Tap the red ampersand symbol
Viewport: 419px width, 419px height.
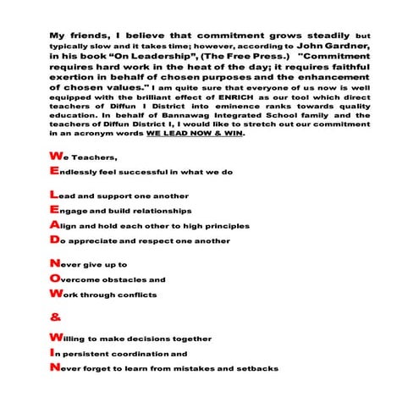coord(56,319)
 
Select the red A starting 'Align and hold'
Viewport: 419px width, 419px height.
coord(55,225)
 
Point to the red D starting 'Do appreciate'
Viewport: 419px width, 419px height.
coord(55,240)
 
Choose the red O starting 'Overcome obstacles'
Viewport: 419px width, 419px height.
coord(55,278)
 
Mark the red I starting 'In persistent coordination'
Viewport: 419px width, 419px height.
coord(52,353)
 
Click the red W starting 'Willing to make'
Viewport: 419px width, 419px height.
coord(56,338)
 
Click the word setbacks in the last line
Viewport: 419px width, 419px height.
coord(257,369)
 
